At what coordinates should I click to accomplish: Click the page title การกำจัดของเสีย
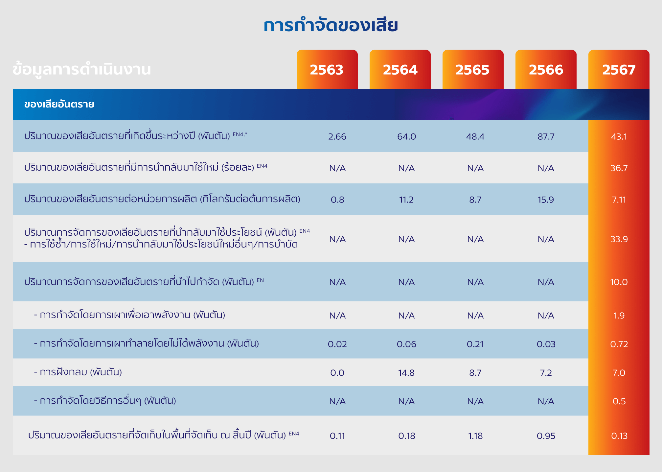click(x=331, y=25)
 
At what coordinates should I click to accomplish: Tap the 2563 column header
click(x=327, y=69)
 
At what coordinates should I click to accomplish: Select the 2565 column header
click(x=473, y=69)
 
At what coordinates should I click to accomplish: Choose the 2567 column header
click(x=619, y=69)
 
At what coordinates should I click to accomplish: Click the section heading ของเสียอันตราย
click(x=59, y=104)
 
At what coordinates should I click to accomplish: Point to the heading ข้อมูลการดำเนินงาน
click(x=81, y=69)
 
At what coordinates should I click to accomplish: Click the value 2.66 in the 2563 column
click(x=337, y=136)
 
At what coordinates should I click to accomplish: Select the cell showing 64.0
click(x=406, y=136)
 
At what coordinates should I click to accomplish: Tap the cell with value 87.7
click(x=546, y=136)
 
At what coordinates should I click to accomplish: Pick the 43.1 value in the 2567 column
click(x=619, y=136)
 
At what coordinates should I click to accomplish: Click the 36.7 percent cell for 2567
click(x=619, y=168)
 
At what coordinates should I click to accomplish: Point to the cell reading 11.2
click(x=406, y=200)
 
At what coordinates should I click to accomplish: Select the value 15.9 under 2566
click(x=546, y=200)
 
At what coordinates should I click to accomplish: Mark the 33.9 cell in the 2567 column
click(x=619, y=239)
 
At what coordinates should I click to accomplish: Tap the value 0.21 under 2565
click(x=475, y=344)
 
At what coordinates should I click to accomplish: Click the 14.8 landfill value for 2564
click(x=406, y=373)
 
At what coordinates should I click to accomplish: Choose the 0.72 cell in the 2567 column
click(x=619, y=344)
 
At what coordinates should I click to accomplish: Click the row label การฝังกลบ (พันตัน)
click(x=78, y=372)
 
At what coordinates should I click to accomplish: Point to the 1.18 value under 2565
click(x=475, y=436)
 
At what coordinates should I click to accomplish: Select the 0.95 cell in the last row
click(x=546, y=436)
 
